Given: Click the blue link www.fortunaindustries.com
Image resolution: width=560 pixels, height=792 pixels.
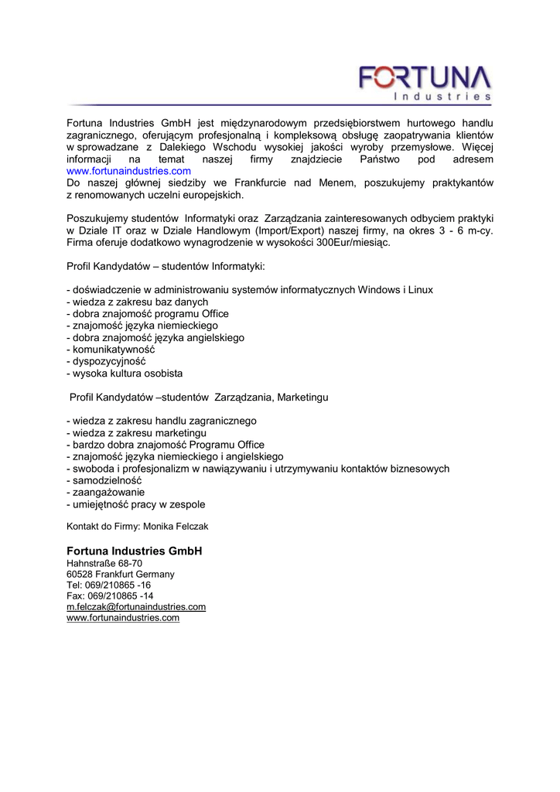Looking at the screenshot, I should tap(128, 171).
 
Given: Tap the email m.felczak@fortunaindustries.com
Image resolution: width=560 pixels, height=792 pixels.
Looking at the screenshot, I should tap(136, 607).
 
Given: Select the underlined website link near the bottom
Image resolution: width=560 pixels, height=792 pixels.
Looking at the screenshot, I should tap(123, 618).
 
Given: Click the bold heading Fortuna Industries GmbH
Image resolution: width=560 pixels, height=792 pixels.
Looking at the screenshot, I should tap(134, 551).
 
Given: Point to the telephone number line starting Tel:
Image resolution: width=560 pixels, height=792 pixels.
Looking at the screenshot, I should tap(109, 585).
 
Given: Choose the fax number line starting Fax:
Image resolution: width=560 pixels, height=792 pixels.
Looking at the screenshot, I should tap(110, 596).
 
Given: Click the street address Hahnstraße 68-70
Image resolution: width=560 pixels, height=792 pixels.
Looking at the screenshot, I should tap(104, 564).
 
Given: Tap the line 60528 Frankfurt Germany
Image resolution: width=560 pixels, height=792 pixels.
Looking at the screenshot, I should tap(121, 575).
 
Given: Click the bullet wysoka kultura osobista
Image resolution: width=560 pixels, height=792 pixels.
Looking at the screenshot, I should tap(128, 373).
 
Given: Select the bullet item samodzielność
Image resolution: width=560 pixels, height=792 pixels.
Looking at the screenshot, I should tap(112, 480).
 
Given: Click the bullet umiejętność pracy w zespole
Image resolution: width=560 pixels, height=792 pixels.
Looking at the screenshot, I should tap(138, 504).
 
